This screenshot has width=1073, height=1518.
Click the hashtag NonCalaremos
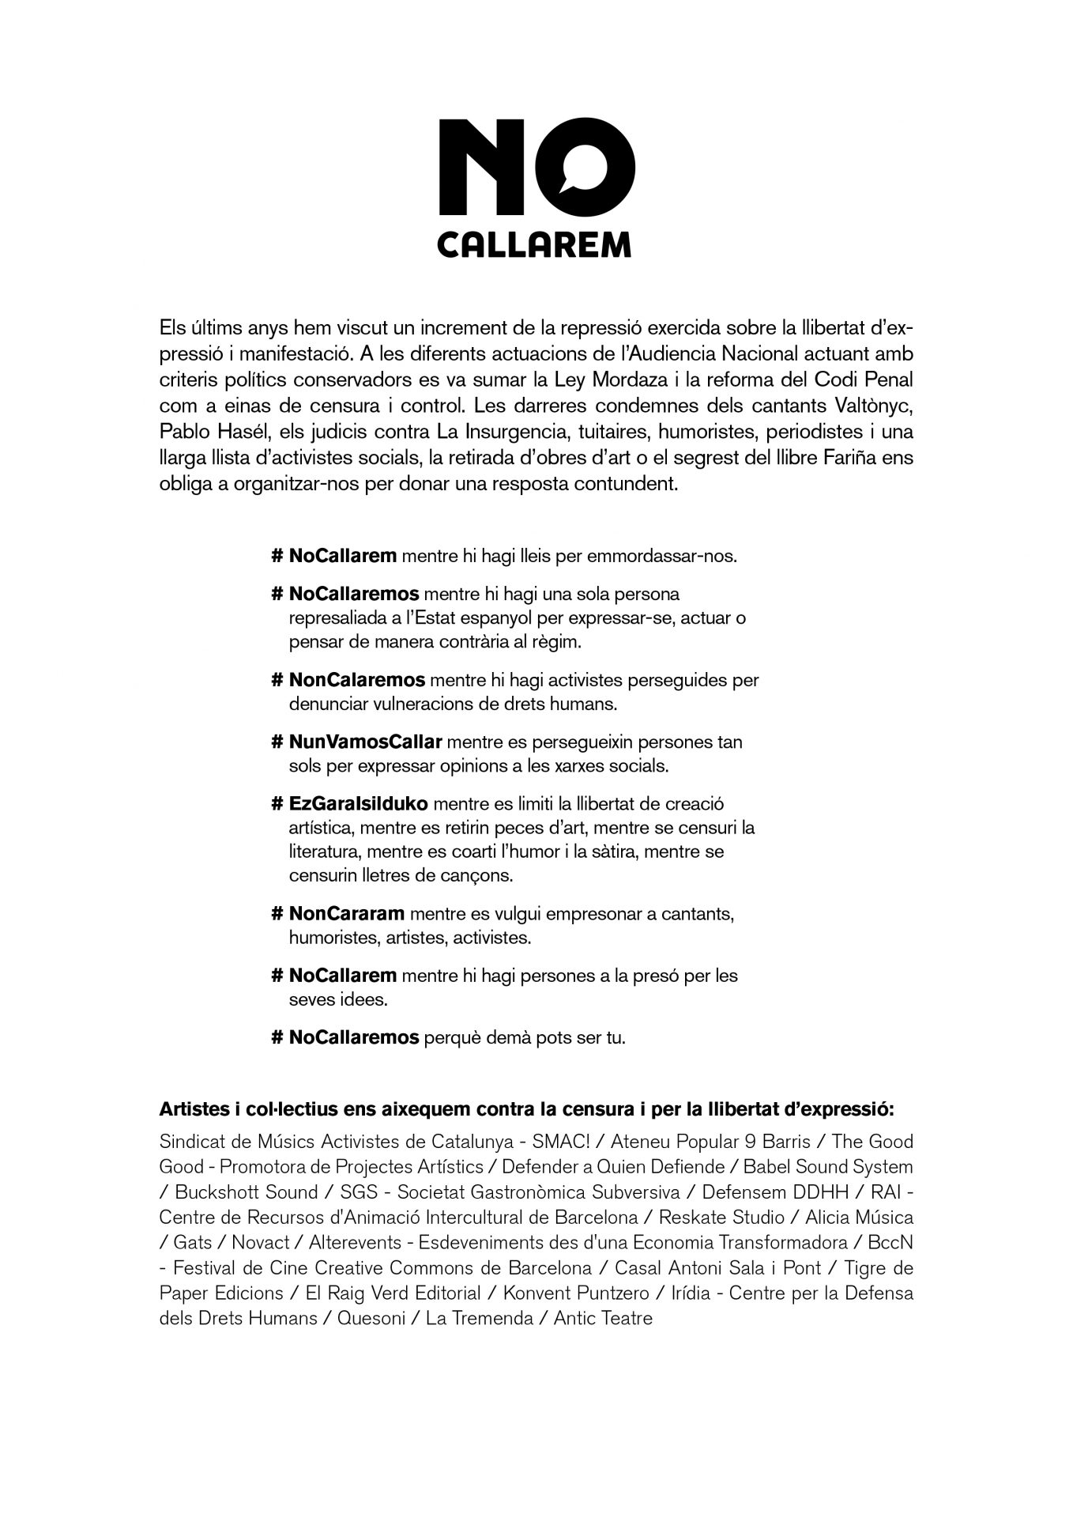coord(357,679)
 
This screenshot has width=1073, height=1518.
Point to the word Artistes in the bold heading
coord(194,1109)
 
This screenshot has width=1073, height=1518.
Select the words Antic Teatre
coord(603,1319)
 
